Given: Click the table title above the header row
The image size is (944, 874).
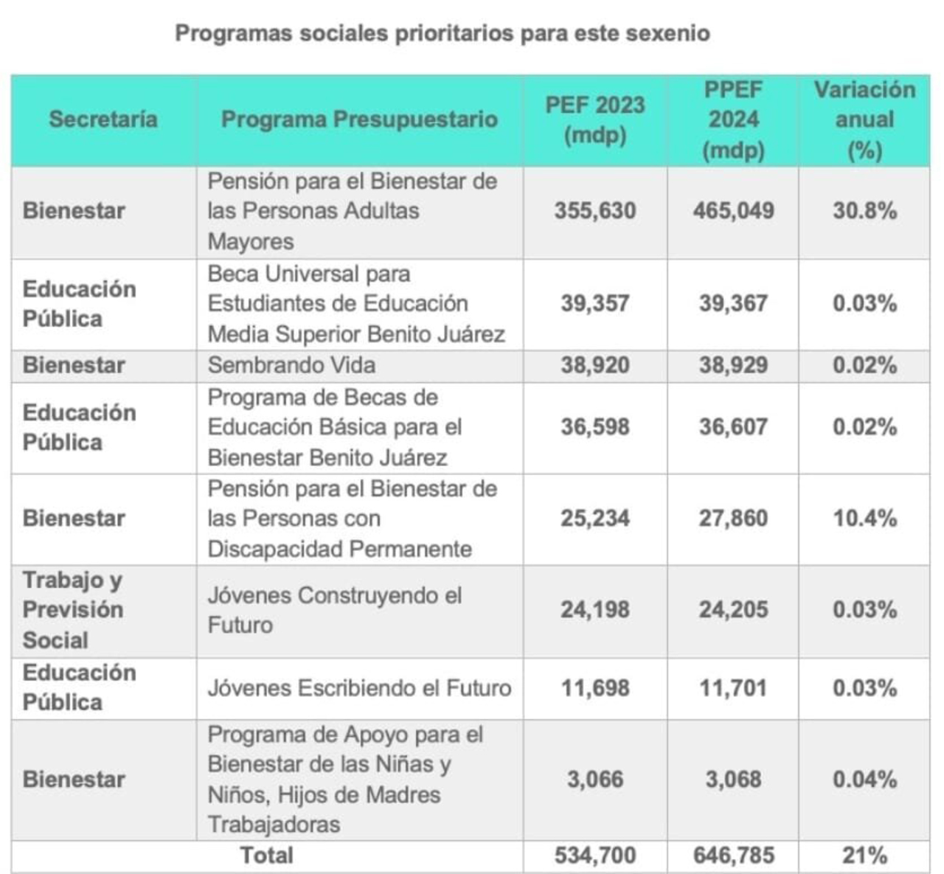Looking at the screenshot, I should coord(442,33).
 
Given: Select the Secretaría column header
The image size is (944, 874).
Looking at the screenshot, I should coord(103,119).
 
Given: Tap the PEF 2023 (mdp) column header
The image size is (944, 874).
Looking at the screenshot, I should coord(595,119).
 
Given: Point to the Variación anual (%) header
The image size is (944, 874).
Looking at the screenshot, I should coord(864,119).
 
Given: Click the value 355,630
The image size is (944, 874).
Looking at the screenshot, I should coord(595,211).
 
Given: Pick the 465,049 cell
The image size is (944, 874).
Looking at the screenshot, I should coord(733,211).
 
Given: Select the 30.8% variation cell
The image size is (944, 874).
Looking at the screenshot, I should coord(864,211).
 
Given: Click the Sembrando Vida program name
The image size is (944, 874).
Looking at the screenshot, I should coord(291,365).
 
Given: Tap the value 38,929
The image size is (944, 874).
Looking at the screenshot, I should coord(733,365).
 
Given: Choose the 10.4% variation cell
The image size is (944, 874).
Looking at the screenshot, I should coord(864,518).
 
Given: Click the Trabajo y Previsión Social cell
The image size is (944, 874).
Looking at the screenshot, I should coord(73,610).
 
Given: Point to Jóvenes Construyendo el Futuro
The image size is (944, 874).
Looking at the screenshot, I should coord(334,610).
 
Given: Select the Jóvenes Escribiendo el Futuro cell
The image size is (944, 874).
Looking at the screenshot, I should coord(359,688).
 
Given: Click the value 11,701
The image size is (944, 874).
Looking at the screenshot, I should coord(733,688).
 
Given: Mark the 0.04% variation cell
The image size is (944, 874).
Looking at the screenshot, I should coord(864,780).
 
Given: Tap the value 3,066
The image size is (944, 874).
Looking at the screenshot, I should coord(595,780).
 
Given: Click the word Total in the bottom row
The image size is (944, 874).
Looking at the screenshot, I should coord(267,856).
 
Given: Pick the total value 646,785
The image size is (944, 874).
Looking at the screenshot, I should coord(733,856).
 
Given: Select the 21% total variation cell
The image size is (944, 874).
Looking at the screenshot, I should coord(864,856).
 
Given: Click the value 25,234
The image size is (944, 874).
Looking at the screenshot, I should coord(595,518).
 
